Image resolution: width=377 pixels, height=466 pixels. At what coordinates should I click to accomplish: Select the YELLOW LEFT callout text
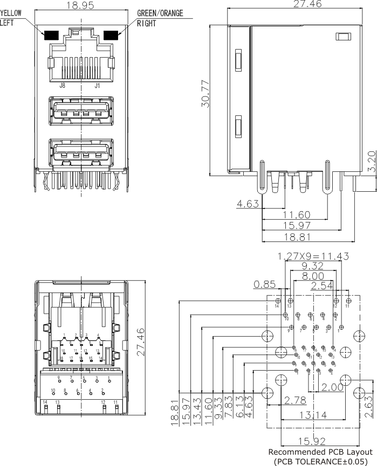point(12,18)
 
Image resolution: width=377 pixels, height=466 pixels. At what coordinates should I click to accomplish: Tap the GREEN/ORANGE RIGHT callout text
point(160,18)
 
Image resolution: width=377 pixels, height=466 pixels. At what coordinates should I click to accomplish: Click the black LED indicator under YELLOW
point(51,36)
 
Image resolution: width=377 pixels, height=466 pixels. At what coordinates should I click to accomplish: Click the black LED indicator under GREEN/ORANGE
point(112,36)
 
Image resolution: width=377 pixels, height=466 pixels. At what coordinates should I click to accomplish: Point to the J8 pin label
point(63,85)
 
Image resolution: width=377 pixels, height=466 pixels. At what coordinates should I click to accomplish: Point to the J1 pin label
point(97,85)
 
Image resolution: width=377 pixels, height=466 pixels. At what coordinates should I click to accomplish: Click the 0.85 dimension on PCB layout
point(265,283)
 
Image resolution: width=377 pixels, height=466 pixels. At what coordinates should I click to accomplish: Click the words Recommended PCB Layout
point(320,451)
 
